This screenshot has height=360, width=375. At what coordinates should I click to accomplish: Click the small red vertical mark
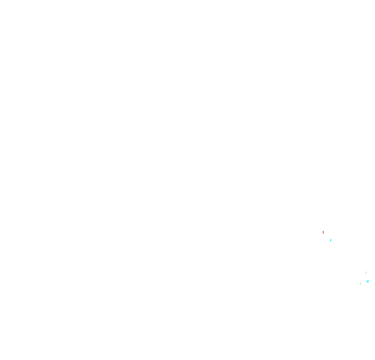click(x=323, y=232)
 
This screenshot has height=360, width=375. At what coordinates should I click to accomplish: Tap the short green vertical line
click(x=360, y=284)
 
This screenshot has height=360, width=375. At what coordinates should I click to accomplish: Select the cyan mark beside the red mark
click(x=331, y=240)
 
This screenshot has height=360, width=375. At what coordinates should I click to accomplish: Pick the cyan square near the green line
click(x=367, y=281)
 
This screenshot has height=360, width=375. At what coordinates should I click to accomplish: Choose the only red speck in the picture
click(x=323, y=232)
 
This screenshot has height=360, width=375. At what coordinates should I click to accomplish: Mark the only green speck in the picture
click(x=360, y=284)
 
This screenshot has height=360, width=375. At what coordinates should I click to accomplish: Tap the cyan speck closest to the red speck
click(x=331, y=240)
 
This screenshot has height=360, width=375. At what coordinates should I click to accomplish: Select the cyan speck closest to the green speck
click(x=367, y=281)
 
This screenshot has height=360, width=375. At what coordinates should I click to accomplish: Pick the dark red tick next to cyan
click(x=323, y=232)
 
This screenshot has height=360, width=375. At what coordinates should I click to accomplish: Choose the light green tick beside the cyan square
click(x=360, y=284)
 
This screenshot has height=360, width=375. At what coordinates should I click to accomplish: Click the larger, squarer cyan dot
click(x=367, y=281)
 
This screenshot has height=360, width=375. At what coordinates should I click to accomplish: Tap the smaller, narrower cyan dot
click(x=331, y=240)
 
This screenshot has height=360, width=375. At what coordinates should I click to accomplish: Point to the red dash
click(x=323, y=232)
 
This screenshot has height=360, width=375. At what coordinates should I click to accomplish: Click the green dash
click(x=360, y=284)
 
